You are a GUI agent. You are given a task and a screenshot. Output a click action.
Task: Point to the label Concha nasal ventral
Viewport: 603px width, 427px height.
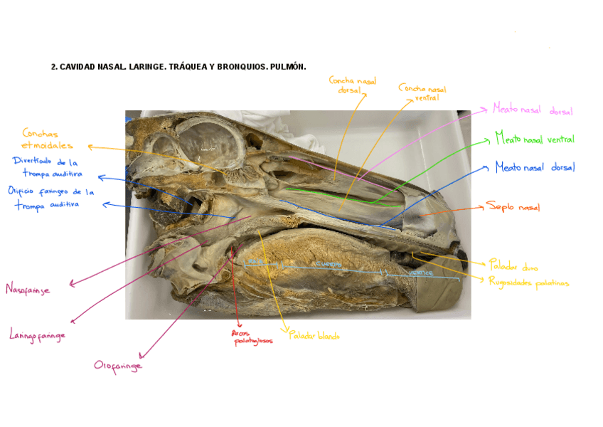pyautogui.click(x=423, y=93)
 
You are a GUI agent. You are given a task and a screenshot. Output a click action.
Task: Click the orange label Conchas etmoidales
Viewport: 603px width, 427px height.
pyautogui.click(x=47, y=139)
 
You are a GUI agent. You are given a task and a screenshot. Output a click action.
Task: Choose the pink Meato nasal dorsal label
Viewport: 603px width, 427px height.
pyautogui.click(x=533, y=110)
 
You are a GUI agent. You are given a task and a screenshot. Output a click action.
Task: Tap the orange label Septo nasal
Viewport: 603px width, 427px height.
pyautogui.click(x=513, y=207)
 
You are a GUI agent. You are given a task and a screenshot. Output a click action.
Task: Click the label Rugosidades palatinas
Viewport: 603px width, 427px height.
pyautogui.click(x=528, y=282)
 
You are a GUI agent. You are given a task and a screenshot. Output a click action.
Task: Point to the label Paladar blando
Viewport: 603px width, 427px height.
pyautogui.click(x=314, y=336)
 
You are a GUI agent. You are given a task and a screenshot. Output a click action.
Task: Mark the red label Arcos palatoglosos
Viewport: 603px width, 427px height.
pyautogui.click(x=252, y=337)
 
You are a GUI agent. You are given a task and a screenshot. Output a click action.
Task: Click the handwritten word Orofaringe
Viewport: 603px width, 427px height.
pyautogui.click(x=118, y=365)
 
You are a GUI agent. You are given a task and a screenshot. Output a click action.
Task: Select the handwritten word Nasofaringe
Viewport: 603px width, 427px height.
pyautogui.click(x=28, y=288)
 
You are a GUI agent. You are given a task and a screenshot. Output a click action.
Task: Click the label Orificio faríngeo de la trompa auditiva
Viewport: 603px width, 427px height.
pyautogui.click(x=50, y=197)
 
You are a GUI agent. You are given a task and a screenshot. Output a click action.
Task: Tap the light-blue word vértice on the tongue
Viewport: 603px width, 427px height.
pyautogui.click(x=422, y=272)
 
